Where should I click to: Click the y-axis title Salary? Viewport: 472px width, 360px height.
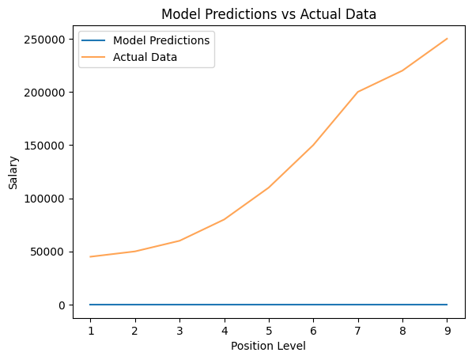click(13, 172)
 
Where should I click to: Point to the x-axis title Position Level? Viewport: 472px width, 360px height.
click(268, 346)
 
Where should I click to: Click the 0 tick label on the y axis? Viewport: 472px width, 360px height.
click(61, 305)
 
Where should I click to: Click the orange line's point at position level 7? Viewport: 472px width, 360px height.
click(357, 92)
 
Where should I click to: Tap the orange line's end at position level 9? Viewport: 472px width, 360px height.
click(447, 39)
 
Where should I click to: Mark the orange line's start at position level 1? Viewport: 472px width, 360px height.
click(90, 256)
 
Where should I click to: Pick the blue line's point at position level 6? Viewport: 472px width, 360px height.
click(313, 305)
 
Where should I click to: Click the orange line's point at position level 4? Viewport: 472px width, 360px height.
click(224, 219)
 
